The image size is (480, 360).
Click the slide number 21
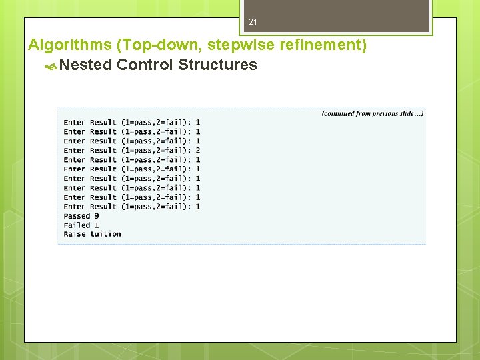coord(253,23)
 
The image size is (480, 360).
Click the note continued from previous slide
coord(373,113)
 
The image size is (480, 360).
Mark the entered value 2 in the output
coord(198,151)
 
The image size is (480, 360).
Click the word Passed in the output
coord(77,216)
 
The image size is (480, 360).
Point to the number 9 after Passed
coord(97,216)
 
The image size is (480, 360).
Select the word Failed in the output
coord(77,225)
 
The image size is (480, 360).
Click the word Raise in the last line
coord(75,234)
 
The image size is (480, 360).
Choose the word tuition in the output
coord(106,234)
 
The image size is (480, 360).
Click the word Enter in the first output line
coord(75,123)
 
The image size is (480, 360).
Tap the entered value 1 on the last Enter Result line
coord(198,207)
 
